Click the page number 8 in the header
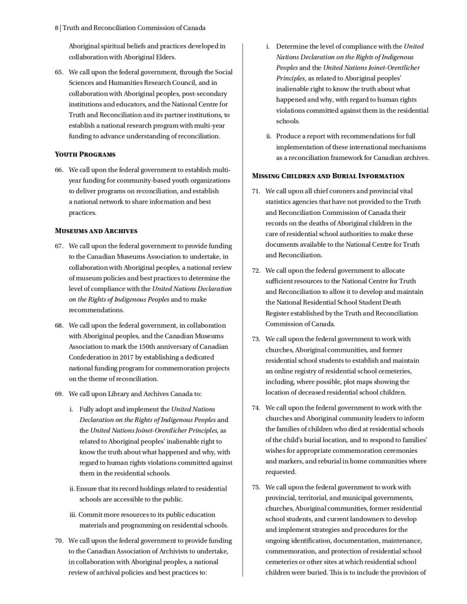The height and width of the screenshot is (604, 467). [x=54, y=27]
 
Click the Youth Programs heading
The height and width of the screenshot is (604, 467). [x=85, y=154]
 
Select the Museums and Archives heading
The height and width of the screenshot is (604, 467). [x=96, y=230]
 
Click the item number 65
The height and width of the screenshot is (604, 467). [x=58, y=72]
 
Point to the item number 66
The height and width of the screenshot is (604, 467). [x=58, y=170]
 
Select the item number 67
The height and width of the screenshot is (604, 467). [x=58, y=246]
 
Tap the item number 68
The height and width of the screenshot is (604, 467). [x=58, y=325]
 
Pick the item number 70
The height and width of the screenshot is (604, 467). [x=58, y=540]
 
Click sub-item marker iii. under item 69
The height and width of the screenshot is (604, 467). [x=73, y=515]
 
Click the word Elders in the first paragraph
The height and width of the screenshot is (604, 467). [x=164, y=57]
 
